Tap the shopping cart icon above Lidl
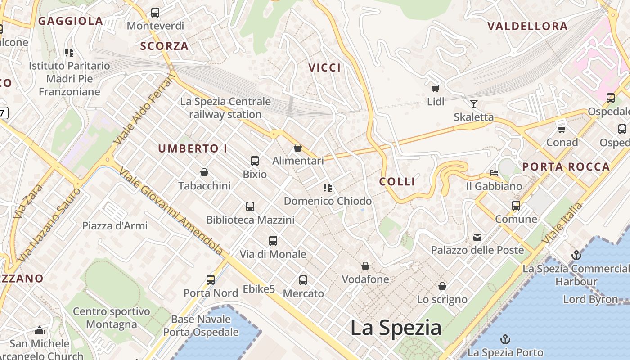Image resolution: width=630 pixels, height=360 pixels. (x=435, y=88)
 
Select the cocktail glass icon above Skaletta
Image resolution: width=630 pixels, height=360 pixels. (x=473, y=104)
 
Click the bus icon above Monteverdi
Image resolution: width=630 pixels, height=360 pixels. (x=155, y=13)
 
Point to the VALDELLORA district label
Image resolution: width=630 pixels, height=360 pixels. (x=527, y=26)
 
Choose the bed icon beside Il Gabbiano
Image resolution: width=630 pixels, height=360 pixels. (x=494, y=173)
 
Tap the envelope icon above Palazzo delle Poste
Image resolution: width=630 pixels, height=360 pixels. (x=477, y=237)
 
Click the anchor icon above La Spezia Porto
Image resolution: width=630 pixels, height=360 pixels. (x=505, y=339)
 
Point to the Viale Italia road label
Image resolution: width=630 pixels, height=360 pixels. (x=562, y=223)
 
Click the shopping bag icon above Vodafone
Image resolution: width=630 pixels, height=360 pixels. (x=365, y=266)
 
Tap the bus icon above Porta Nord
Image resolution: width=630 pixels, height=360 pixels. (x=211, y=279)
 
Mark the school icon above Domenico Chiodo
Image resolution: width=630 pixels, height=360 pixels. (x=328, y=187)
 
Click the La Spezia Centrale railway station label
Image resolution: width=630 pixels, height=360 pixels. (x=225, y=108)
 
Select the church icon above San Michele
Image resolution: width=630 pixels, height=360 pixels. (x=40, y=331)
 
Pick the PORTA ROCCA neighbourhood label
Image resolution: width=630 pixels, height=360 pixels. (x=566, y=167)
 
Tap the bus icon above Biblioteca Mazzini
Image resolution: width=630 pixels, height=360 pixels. (x=250, y=207)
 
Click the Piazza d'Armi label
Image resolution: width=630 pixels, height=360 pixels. (x=115, y=225)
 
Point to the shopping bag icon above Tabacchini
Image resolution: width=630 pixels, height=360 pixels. (x=204, y=172)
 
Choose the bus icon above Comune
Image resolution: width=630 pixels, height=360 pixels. (x=516, y=206)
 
